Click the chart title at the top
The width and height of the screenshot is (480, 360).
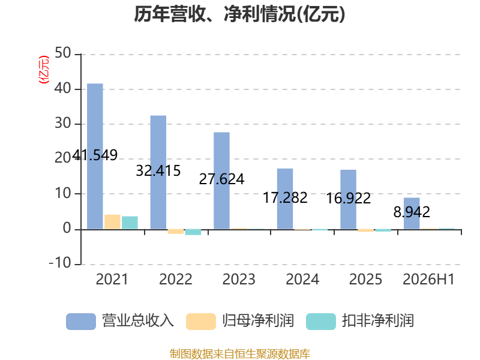coord(239,14)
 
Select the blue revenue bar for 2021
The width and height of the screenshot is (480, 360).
coord(95,156)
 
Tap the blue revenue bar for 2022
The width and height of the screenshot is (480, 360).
coord(158,172)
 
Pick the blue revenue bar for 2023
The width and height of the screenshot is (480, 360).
coord(221,181)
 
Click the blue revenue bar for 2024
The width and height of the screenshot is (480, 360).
coord(285,199)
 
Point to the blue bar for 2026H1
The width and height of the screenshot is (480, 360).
coord(412,214)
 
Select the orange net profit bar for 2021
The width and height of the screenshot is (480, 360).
coord(112,222)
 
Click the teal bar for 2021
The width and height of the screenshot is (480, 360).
coord(130,223)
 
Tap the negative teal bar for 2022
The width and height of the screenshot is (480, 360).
coord(193,232)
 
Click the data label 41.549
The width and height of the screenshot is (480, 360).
coord(95,155)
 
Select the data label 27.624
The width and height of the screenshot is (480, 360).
coord(221,179)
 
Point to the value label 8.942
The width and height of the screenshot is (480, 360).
coord(412,212)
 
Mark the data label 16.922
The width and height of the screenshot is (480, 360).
coord(349,198)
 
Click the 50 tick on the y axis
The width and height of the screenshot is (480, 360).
coord(63,53)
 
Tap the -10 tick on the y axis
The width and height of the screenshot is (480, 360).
coord(60,263)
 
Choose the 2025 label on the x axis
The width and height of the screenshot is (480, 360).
coord(365,279)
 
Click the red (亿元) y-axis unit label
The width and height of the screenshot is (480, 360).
coord(44,70)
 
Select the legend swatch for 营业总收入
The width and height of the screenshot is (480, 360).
coord(81,322)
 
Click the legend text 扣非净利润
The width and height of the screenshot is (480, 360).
coord(378,321)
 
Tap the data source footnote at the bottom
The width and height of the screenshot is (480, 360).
coord(240,354)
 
